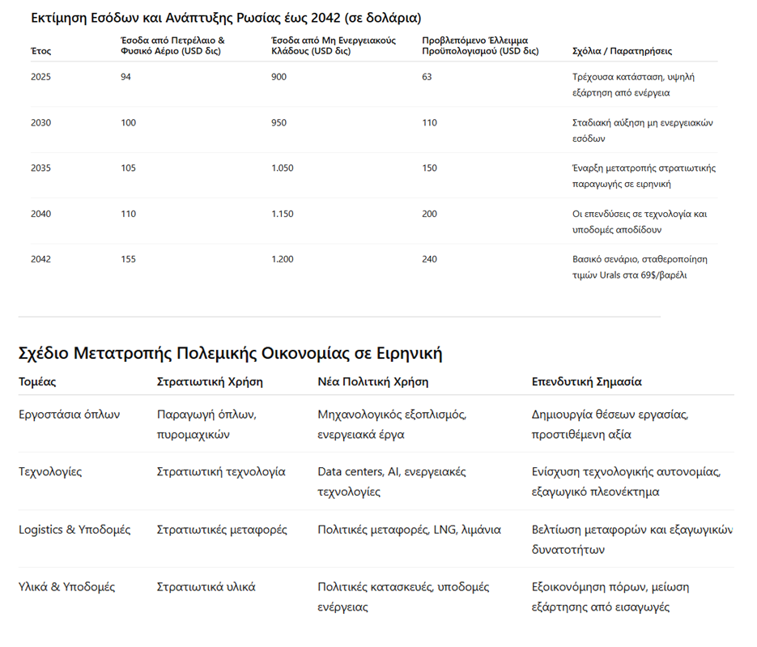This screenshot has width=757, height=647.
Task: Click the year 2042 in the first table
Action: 40,259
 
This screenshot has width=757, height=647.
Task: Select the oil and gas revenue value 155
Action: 128,259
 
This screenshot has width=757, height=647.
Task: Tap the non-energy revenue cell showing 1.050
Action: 283,168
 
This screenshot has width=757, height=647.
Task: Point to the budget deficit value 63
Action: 427,77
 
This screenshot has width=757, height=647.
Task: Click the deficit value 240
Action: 429,259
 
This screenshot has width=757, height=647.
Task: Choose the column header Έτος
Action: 40,51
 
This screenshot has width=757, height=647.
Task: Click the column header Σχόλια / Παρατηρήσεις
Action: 621,51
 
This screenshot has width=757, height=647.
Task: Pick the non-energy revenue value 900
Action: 279,77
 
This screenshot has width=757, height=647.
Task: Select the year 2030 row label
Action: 40,123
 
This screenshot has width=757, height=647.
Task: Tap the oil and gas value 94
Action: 125,77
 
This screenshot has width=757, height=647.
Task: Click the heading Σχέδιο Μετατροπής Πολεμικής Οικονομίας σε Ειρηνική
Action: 230,353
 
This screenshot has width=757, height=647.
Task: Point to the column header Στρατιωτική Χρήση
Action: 210,381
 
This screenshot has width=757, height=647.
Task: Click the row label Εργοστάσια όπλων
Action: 69,415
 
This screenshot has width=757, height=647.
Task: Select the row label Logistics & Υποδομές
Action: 74,530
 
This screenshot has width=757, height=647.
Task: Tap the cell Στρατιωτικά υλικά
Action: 206,587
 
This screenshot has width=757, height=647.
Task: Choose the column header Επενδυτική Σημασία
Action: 586,381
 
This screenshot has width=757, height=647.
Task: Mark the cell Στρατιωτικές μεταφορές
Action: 222,530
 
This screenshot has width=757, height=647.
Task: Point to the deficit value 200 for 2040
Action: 429,214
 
